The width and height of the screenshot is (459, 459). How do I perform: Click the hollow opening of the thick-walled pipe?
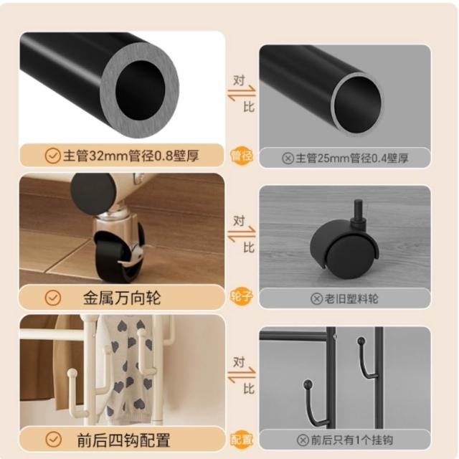coord(141,90)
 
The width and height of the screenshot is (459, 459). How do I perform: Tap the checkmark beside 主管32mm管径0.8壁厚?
coord(52,156)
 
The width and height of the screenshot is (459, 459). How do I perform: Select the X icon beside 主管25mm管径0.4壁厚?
coord(288,158)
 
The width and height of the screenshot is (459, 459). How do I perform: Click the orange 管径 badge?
coord(242,156)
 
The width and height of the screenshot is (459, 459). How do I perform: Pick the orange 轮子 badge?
coord(242,296)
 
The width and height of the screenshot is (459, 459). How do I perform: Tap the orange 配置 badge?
coord(242,439)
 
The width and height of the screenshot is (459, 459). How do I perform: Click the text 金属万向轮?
coord(122,298)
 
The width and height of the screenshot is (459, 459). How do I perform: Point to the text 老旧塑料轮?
coord(351,299)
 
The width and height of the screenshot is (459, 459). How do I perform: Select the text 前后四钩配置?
coord(123,440)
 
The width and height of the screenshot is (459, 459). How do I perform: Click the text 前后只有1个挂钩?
coord(351,440)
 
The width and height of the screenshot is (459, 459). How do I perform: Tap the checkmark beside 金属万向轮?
coord(53,298)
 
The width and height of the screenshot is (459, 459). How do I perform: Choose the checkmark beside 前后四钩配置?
coord(53,440)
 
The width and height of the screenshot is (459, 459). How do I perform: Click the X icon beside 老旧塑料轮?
coord(316,299)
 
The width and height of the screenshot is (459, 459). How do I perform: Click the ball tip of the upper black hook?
coord(361,341)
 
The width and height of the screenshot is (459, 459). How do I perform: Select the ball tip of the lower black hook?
coord(308,384)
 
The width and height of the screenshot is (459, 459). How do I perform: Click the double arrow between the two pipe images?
coord(242,93)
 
